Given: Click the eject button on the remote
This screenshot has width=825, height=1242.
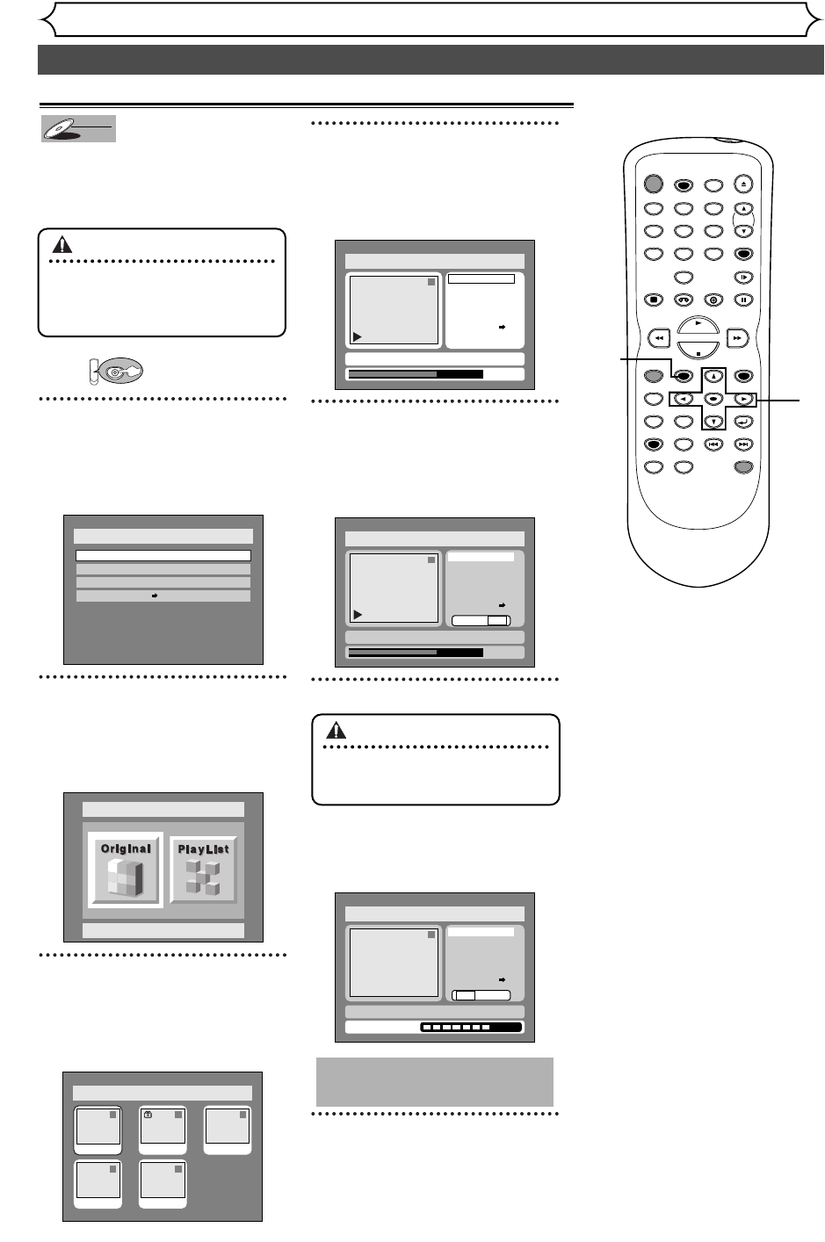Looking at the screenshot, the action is [x=743, y=184].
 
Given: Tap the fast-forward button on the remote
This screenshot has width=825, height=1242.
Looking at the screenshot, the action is [x=739, y=336].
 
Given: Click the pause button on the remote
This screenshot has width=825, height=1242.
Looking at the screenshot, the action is [x=743, y=300].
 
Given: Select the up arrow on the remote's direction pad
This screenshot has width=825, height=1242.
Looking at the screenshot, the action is [x=713, y=376].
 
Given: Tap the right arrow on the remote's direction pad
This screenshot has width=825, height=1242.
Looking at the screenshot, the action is [x=743, y=399].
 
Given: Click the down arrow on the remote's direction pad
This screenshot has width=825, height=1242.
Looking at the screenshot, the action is [x=713, y=421].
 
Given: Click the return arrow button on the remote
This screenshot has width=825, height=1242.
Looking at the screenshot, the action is [x=743, y=421].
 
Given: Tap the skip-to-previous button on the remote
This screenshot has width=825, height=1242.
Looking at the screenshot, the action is [x=713, y=444].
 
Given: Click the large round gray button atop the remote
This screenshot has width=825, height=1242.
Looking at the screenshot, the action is [x=652, y=184].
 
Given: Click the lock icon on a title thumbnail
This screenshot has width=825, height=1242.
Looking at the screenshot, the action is [x=148, y=1115].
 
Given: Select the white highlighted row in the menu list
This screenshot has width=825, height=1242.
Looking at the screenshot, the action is [x=163, y=555].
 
